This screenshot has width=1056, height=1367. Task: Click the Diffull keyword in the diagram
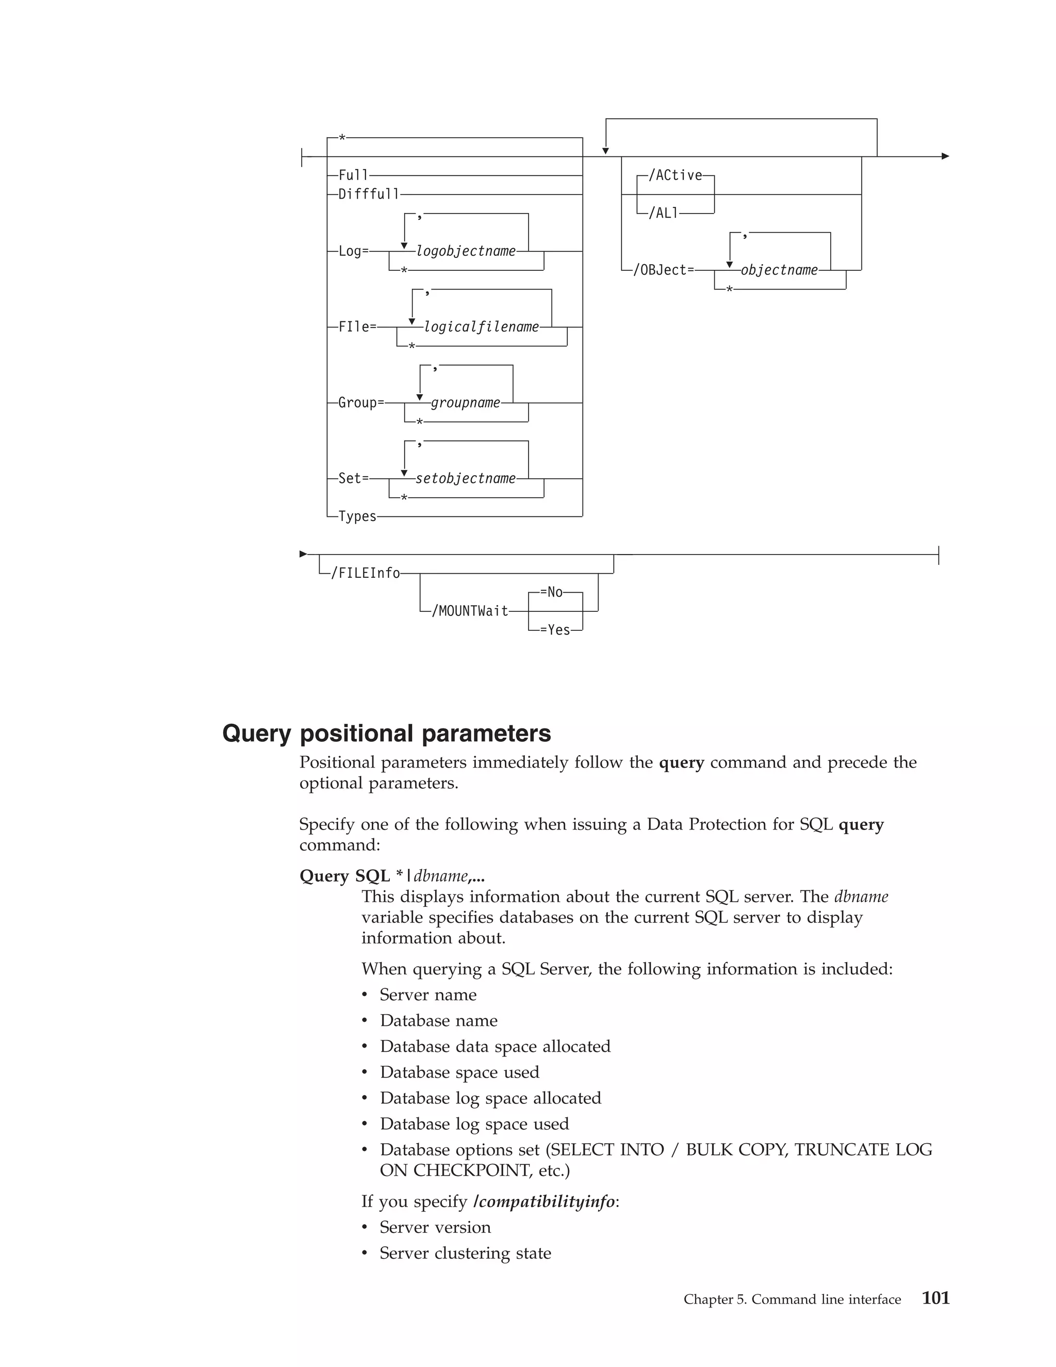coord(369,194)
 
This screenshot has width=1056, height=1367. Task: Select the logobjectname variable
coord(466,251)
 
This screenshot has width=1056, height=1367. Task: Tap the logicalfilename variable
coord(481,327)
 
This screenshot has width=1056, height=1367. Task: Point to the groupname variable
coord(466,402)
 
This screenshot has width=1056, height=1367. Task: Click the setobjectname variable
coord(466,478)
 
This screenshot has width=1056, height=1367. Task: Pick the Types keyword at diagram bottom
coord(357,516)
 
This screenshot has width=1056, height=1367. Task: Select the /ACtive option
coord(675,175)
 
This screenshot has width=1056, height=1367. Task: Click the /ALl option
coord(663,214)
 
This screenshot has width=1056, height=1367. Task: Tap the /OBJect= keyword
coord(663,270)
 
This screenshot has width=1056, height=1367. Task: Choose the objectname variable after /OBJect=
coord(779,270)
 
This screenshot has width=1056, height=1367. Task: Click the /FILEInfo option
coord(366,573)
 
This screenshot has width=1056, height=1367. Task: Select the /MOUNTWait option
coord(470,611)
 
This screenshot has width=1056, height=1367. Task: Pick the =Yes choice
coord(555,630)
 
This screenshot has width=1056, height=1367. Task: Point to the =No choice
coord(551,592)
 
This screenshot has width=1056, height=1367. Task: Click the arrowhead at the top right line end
coord(945,156)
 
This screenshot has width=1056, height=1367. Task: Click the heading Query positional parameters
coord(387,733)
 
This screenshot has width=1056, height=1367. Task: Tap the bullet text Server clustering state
coord(465,1252)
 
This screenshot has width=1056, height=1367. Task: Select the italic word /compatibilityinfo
coord(544,1201)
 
